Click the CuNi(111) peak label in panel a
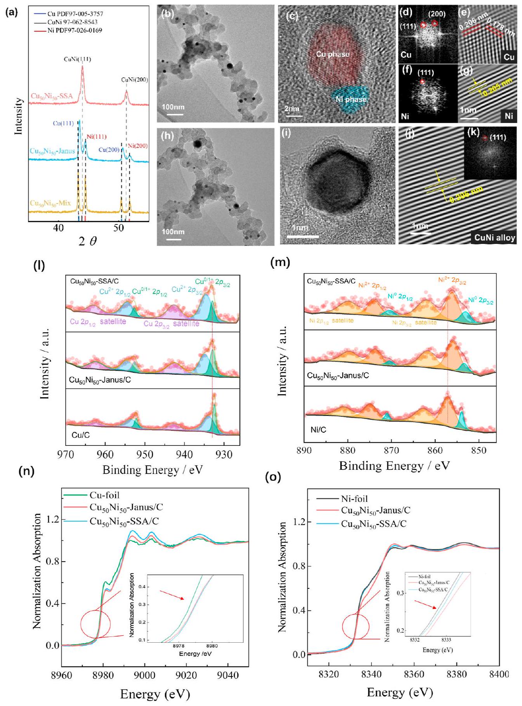click(x=77, y=59)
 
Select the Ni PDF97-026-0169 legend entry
click(x=75, y=30)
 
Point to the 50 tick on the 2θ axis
click(x=118, y=228)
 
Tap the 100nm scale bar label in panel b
click(x=173, y=107)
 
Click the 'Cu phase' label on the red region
click(x=333, y=54)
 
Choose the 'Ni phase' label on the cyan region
click(x=350, y=99)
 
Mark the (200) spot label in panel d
click(x=437, y=14)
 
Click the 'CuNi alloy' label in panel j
click(x=494, y=237)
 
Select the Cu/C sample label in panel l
click(x=81, y=435)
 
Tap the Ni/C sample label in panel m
click(x=318, y=430)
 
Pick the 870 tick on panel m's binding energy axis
click(x=391, y=450)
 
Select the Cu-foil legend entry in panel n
click(x=104, y=495)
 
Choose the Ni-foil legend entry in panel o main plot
click(x=354, y=499)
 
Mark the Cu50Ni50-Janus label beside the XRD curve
click(x=52, y=151)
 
